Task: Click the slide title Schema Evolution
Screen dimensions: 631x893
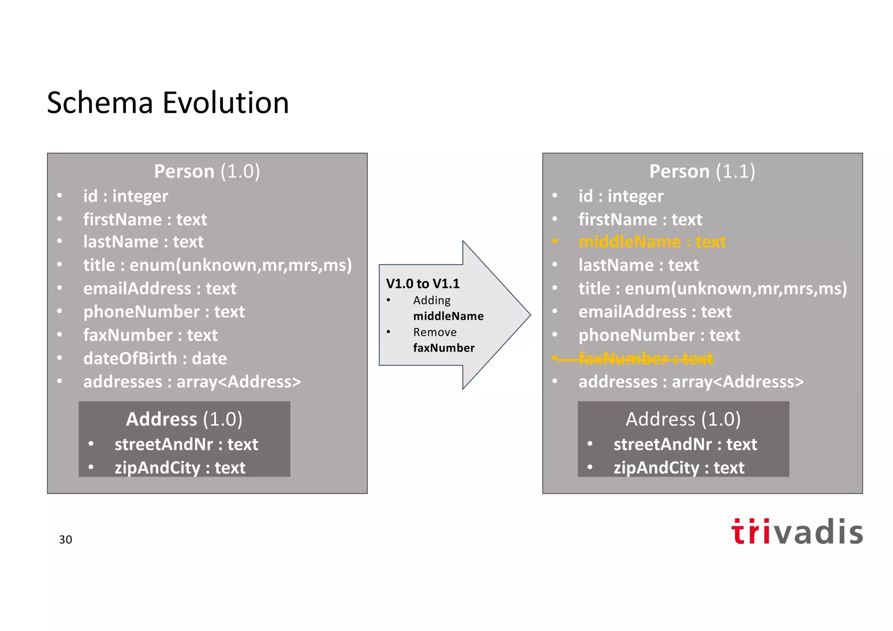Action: click(168, 103)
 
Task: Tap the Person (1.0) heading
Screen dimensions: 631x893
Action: click(207, 171)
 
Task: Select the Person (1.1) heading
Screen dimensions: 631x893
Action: click(702, 171)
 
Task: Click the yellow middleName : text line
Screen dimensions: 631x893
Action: click(652, 242)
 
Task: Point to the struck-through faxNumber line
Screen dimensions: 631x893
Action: click(645, 358)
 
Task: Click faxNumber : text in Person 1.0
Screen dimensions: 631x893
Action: click(150, 335)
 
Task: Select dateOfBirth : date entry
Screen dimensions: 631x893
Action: click(155, 358)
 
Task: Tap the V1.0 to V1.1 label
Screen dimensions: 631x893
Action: click(423, 284)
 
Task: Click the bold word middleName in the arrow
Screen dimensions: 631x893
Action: click(448, 316)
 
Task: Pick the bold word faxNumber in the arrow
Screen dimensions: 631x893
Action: click(443, 348)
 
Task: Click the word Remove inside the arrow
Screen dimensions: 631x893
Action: click(435, 332)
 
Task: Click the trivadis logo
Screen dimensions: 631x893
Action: click(797, 532)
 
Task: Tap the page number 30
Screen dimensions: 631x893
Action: click(65, 540)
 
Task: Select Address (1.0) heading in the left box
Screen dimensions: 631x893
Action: click(184, 419)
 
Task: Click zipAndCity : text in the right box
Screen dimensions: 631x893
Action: click(678, 468)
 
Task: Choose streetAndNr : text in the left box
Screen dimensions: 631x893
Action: click(186, 444)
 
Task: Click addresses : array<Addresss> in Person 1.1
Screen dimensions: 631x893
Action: click(691, 382)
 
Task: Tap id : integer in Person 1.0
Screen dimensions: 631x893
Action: click(126, 196)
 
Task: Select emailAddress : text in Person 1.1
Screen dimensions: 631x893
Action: click(655, 312)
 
